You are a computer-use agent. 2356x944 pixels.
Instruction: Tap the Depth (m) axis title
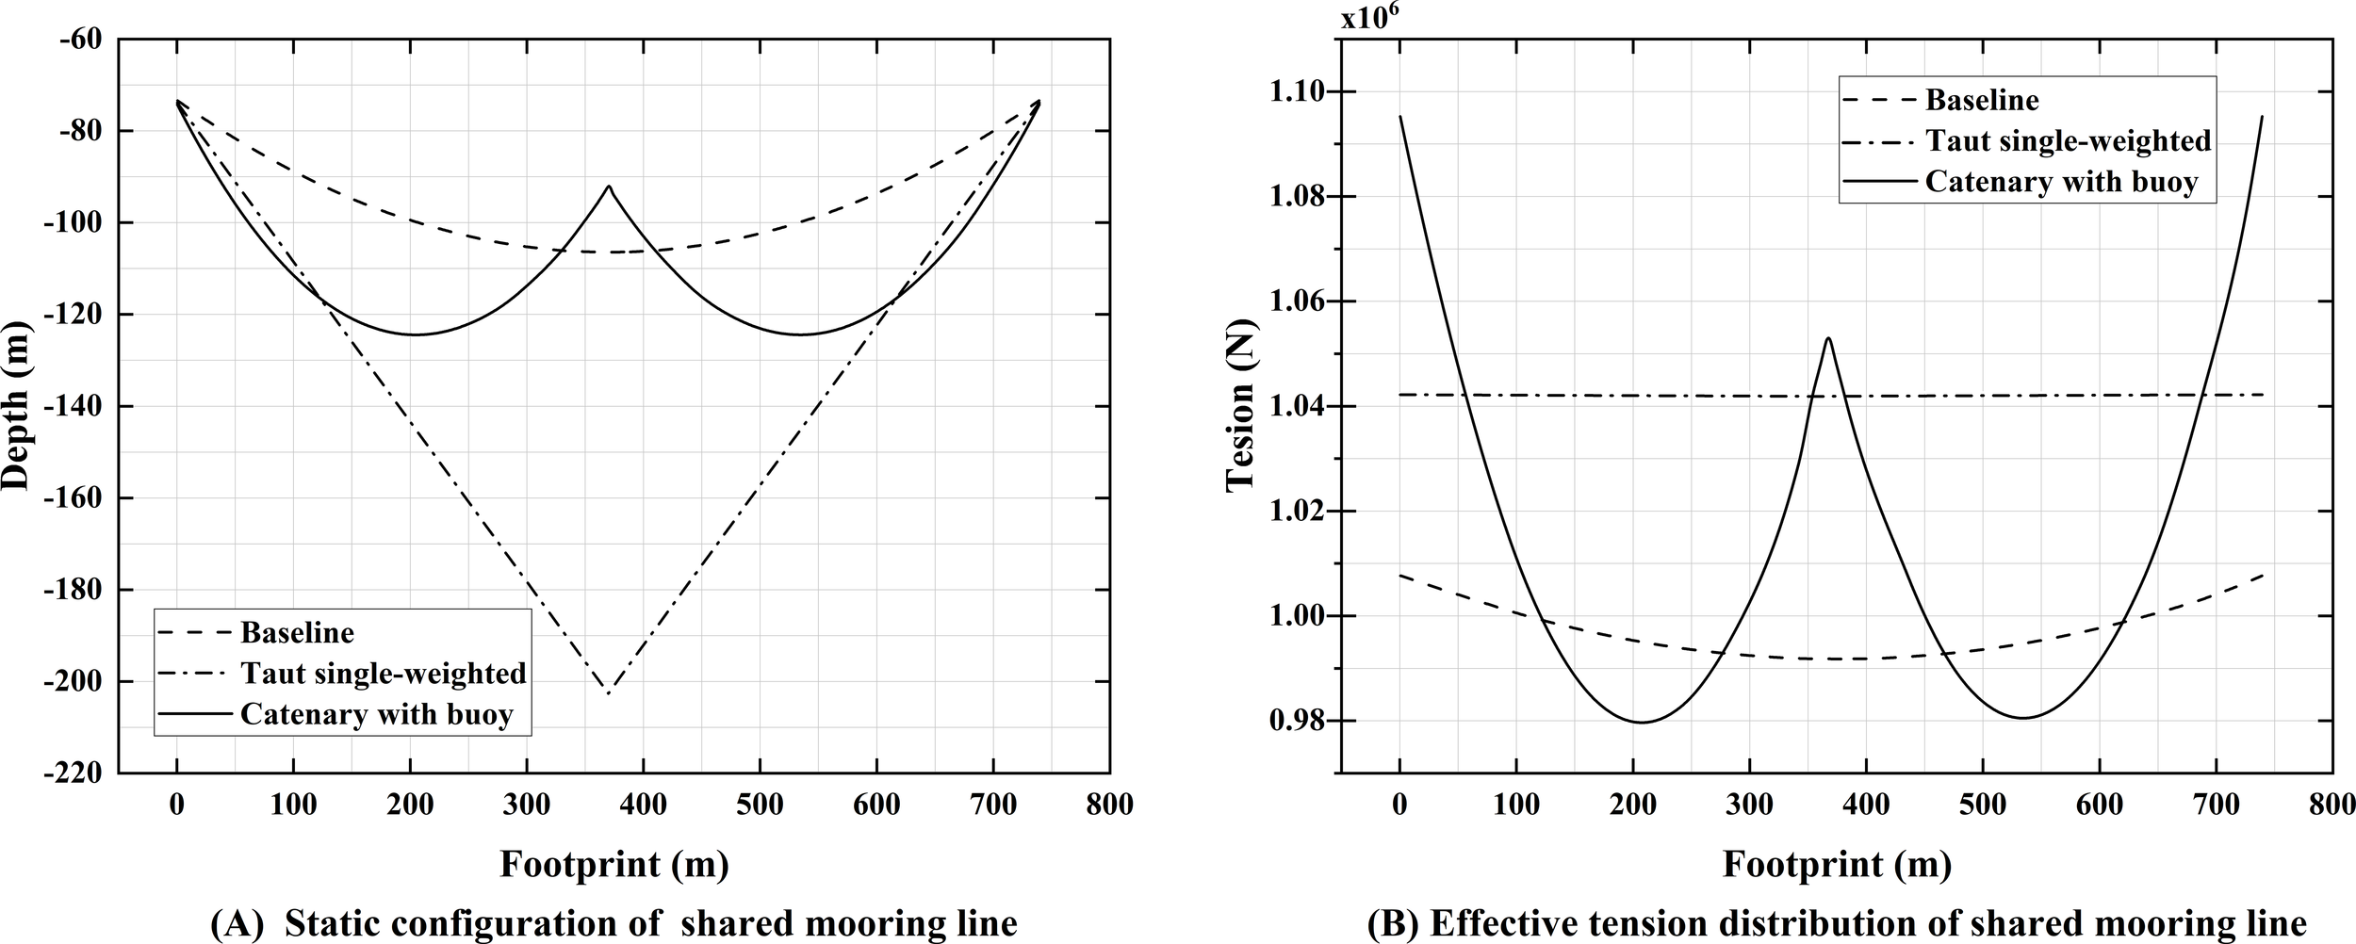(16, 406)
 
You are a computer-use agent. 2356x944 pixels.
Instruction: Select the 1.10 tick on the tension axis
(1301, 92)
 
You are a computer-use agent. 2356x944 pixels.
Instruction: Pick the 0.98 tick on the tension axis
(1301, 722)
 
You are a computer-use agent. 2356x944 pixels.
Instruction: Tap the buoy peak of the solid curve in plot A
(609, 187)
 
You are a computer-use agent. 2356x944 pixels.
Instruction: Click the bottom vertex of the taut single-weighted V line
(609, 693)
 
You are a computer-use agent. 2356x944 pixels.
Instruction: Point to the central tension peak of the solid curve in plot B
(1828, 337)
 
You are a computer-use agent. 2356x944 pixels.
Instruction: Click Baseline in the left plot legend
(297, 632)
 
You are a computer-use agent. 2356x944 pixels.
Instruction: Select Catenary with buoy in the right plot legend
(2061, 181)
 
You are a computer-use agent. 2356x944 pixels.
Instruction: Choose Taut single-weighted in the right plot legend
(2068, 140)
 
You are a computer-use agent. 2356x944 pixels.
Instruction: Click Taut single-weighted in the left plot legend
(383, 674)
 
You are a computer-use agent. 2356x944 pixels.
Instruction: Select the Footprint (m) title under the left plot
(614, 863)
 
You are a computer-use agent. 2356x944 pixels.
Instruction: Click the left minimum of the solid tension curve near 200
(1642, 723)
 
